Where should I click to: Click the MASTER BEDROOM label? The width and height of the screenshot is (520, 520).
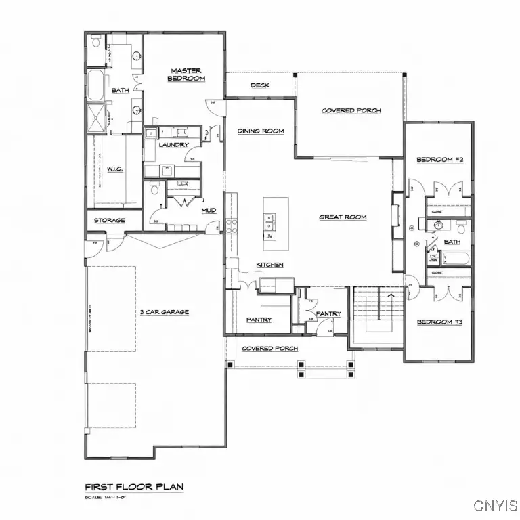coord(186,74)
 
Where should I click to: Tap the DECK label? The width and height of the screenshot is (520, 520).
coord(260,85)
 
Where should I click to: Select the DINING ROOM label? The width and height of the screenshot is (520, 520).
coord(260,131)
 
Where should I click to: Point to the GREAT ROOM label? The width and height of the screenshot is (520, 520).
coord(343,217)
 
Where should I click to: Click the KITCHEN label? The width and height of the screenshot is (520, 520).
coord(269,264)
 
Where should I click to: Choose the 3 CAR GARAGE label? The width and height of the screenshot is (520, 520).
coord(164,312)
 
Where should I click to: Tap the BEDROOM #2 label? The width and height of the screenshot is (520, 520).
coord(439,160)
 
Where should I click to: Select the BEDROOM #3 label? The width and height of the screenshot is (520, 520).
coord(439,322)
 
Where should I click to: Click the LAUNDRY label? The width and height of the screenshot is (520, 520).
coord(173,145)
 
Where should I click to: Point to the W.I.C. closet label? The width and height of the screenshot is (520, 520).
coord(114,169)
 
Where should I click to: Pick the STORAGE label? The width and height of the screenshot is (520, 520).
coord(109,221)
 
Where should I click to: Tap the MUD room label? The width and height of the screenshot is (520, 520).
coord(209,211)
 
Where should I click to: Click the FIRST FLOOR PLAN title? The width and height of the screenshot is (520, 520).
coord(133,486)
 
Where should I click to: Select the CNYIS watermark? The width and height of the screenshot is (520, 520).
coord(495,505)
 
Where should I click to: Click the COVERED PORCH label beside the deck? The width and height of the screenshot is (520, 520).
coord(351,110)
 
